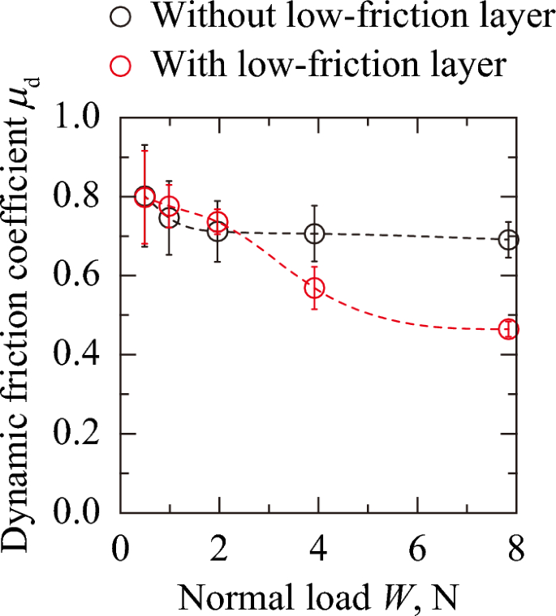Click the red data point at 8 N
click(x=508, y=329)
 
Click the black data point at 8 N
click(x=508, y=240)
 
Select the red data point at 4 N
click(x=314, y=288)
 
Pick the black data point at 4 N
click(x=315, y=234)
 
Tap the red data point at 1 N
click(x=170, y=207)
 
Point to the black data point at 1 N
click(x=169, y=218)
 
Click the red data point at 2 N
click(x=218, y=222)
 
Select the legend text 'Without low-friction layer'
click(x=354, y=17)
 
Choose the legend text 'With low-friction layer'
click(x=330, y=63)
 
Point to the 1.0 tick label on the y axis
click(x=80, y=118)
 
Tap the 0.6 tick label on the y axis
click(x=80, y=276)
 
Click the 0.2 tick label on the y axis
click(x=80, y=434)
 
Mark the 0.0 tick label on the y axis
click(x=80, y=513)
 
